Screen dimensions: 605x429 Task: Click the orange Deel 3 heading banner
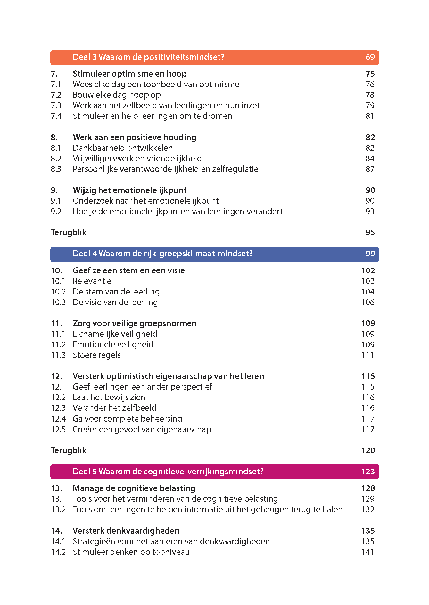coord(214,58)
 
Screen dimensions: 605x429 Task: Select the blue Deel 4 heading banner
coord(214,254)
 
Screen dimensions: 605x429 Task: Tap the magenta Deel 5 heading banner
coord(214,472)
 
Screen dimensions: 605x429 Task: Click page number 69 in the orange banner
coord(370,57)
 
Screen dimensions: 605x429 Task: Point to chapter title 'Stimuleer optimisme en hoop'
coord(129,74)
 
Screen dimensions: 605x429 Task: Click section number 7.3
coord(56,106)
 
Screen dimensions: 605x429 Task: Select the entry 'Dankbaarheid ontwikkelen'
coord(123,148)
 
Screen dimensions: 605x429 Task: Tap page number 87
coord(370,169)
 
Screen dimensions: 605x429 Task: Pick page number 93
coord(370,212)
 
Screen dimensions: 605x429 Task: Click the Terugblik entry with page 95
coord(69,233)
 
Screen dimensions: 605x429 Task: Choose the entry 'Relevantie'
coord(92,281)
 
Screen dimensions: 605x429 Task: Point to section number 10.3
coord(58,302)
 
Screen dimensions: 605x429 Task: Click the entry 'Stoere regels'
coord(97,355)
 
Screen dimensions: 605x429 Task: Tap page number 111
coord(368,355)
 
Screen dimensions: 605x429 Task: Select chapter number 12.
coord(57,376)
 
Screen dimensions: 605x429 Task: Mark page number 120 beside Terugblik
coord(368,451)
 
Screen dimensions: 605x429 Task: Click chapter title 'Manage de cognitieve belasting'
coord(134,488)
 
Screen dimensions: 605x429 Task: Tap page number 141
coord(368,552)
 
